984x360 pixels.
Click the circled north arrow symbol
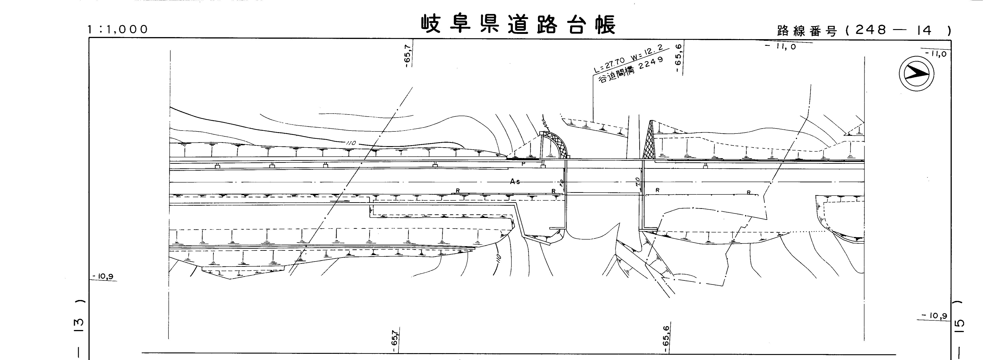916,73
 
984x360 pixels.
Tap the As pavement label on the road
515,182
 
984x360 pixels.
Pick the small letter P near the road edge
523,164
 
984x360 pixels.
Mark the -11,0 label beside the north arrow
935,54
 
